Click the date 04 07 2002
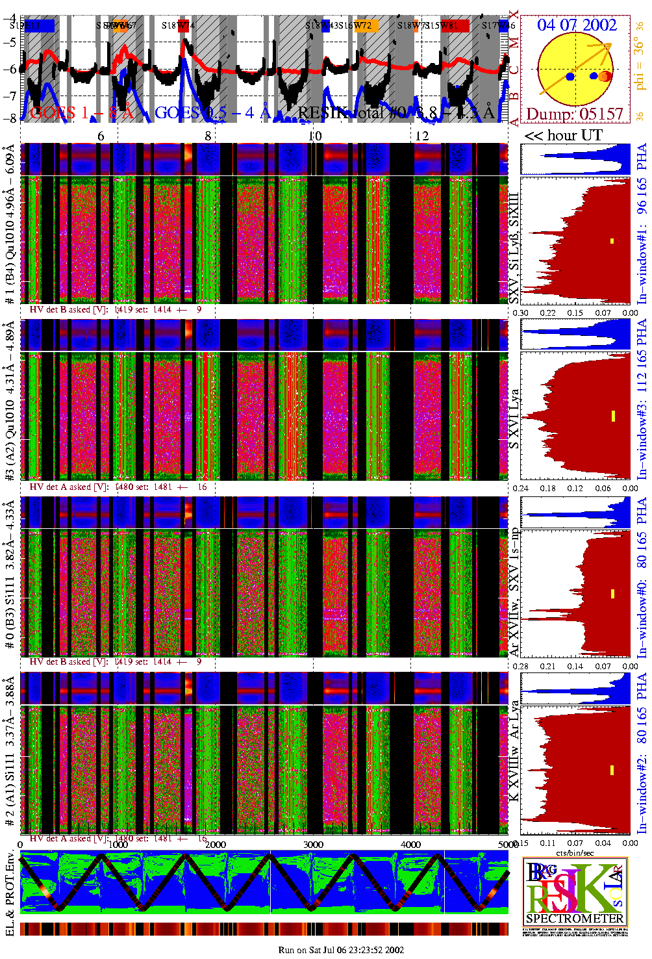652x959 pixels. tap(576, 25)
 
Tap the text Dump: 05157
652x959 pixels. tap(574, 114)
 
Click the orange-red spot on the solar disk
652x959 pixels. tap(605, 76)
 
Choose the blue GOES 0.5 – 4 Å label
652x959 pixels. tap(212, 113)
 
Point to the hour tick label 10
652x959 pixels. tap(314, 135)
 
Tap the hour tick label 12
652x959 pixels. tap(422, 135)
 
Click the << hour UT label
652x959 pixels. tap(563, 135)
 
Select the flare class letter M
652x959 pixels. tap(514, 44)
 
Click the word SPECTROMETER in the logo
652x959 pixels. tap(575, 918)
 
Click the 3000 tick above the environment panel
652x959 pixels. tap(313, 844)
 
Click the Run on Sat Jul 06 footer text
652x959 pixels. tap(341, 950)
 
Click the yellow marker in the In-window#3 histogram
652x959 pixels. tap(612, 416)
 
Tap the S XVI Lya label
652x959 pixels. tap(514, 418)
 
